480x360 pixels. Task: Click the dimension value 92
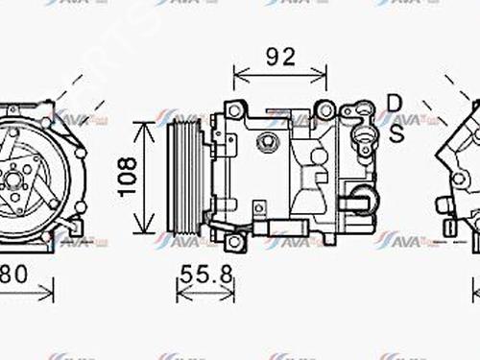[280, 56]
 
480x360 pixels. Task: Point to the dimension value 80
[12, 274]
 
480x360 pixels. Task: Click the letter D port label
[395, 102]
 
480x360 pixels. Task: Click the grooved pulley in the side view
[180, 176]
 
